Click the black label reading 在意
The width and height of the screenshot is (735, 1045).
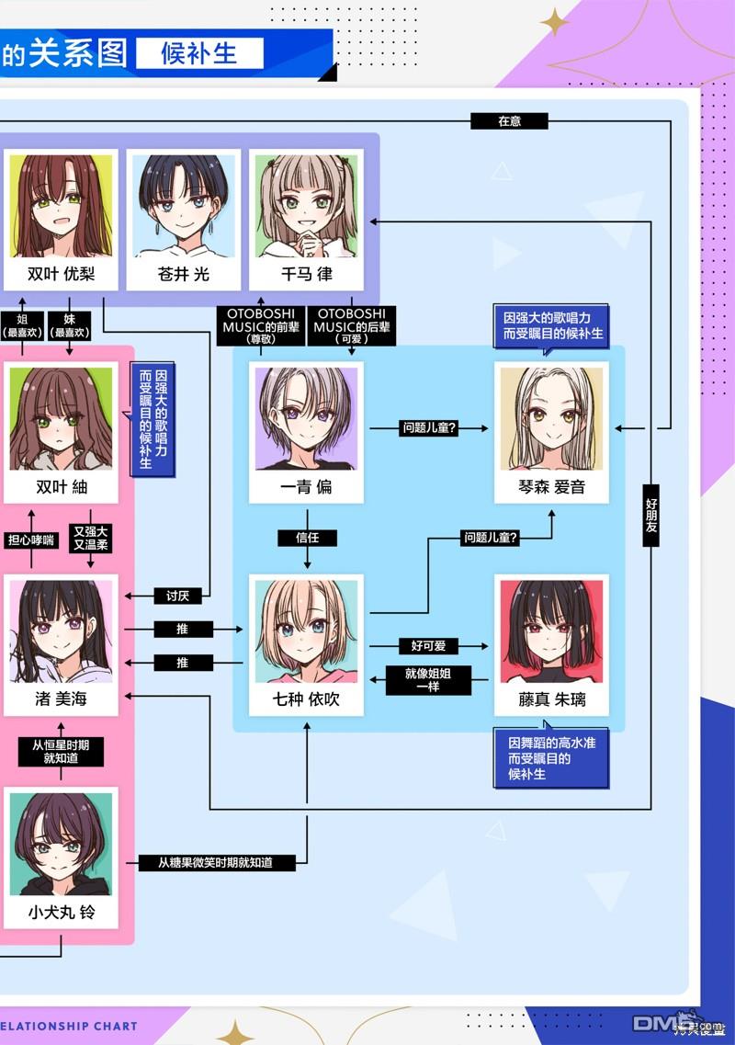(509, 120)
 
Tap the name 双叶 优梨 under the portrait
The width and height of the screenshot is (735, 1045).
(61, 274)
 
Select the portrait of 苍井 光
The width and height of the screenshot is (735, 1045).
(183, 206)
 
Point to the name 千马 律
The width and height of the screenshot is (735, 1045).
(307, 274)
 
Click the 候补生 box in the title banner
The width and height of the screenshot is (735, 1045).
(199, 53)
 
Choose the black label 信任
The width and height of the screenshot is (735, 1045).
(307, 537)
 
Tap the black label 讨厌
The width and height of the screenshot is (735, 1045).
(177, 596)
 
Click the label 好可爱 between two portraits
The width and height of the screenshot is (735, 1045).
(428, 646)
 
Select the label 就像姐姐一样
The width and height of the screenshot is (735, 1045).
(428, 680)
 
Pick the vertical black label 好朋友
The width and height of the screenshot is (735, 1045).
(651, 516)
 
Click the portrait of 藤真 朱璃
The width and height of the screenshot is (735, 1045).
(552, 631)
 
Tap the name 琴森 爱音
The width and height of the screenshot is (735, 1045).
(552, 486)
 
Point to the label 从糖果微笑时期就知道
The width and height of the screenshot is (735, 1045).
(215, 862)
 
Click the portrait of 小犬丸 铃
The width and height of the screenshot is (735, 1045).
(61, 844)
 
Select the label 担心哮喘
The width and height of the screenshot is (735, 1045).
(30, 540)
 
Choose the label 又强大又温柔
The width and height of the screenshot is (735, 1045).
(91, 538)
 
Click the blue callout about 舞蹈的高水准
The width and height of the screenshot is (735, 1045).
(551, 757)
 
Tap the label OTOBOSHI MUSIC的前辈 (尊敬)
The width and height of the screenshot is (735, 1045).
(261, 325)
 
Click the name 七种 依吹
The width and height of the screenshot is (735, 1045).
(307, 699)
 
